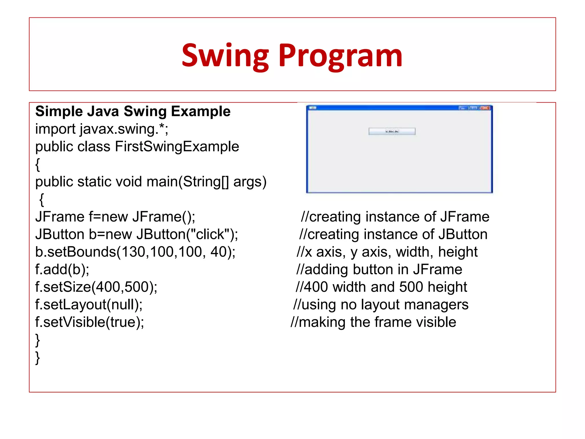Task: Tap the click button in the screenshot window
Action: (x=392, y=131)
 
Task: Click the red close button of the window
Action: (x=485, y=108)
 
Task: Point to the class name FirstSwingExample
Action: (x=177, y=147)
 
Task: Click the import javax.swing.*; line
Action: (x=102, y=129)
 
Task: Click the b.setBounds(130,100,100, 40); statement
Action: (x=135, y=252)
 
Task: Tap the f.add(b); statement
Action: (x=62, y=270)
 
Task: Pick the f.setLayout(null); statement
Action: (x=89, y=305)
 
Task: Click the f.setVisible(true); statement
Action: (x=89, y=322)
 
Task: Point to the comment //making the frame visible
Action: (x=373, y=322)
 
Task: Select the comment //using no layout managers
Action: (x=381, y=305)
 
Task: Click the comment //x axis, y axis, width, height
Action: (x=387, y=252)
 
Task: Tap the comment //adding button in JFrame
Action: (x=379, y=270)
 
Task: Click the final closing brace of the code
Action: (x=37, y=358)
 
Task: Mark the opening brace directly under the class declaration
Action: (x=37, y=165)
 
